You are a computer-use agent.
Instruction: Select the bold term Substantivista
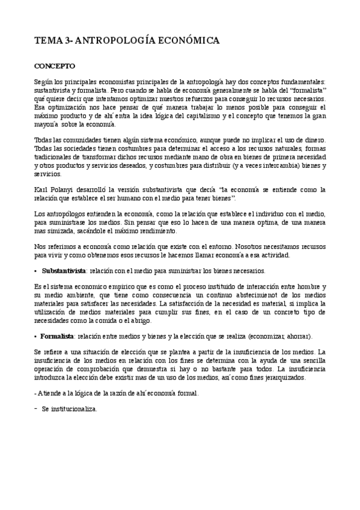tap(64, 270)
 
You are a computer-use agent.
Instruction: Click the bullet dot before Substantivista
tap(37, 271)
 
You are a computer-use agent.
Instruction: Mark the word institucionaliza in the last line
tap(71, 409)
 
